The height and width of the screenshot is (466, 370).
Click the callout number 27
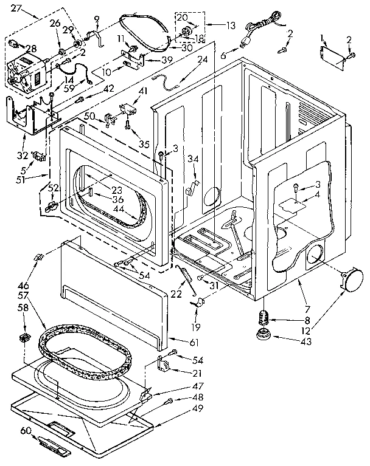tap(16, 9)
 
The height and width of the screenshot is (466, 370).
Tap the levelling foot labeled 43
tap(262, 334)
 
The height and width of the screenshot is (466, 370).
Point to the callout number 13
tap(213, 26)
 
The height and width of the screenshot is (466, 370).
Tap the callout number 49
tap(180, 408)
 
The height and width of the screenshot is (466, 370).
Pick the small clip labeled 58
tap(25, 335)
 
